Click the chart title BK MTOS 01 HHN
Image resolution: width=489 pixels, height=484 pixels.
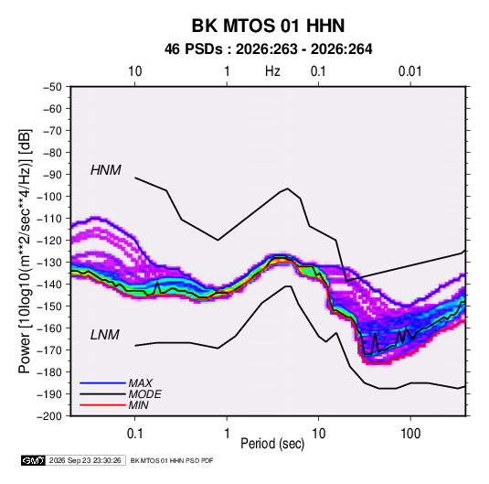[268, 26]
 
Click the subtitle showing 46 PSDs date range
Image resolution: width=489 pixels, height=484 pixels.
[268, 49]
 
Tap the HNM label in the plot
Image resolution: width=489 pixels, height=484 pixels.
[105, 170]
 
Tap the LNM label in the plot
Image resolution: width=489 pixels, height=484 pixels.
[105, 335]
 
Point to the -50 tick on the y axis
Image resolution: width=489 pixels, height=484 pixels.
[52, 87]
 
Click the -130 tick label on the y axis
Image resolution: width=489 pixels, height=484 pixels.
[49, 263]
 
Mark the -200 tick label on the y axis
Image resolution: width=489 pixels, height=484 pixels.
[49, 416]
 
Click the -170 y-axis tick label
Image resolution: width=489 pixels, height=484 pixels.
[49, 350]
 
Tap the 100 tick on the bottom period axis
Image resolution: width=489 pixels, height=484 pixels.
[410, 434]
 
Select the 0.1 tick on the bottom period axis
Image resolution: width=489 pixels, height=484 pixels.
[134, 434]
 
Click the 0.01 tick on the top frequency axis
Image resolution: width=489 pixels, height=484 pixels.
[410, 71]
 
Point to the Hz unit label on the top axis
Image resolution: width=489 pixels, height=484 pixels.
[272, 71]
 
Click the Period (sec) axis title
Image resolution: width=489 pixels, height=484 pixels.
[272, 444]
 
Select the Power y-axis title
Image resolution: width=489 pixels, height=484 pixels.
[25, 251]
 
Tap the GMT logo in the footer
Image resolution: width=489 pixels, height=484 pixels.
[33, 460]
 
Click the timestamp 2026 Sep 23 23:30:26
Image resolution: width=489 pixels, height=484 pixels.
[85, 460]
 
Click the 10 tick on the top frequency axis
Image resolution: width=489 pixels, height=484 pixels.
[134, 71]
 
